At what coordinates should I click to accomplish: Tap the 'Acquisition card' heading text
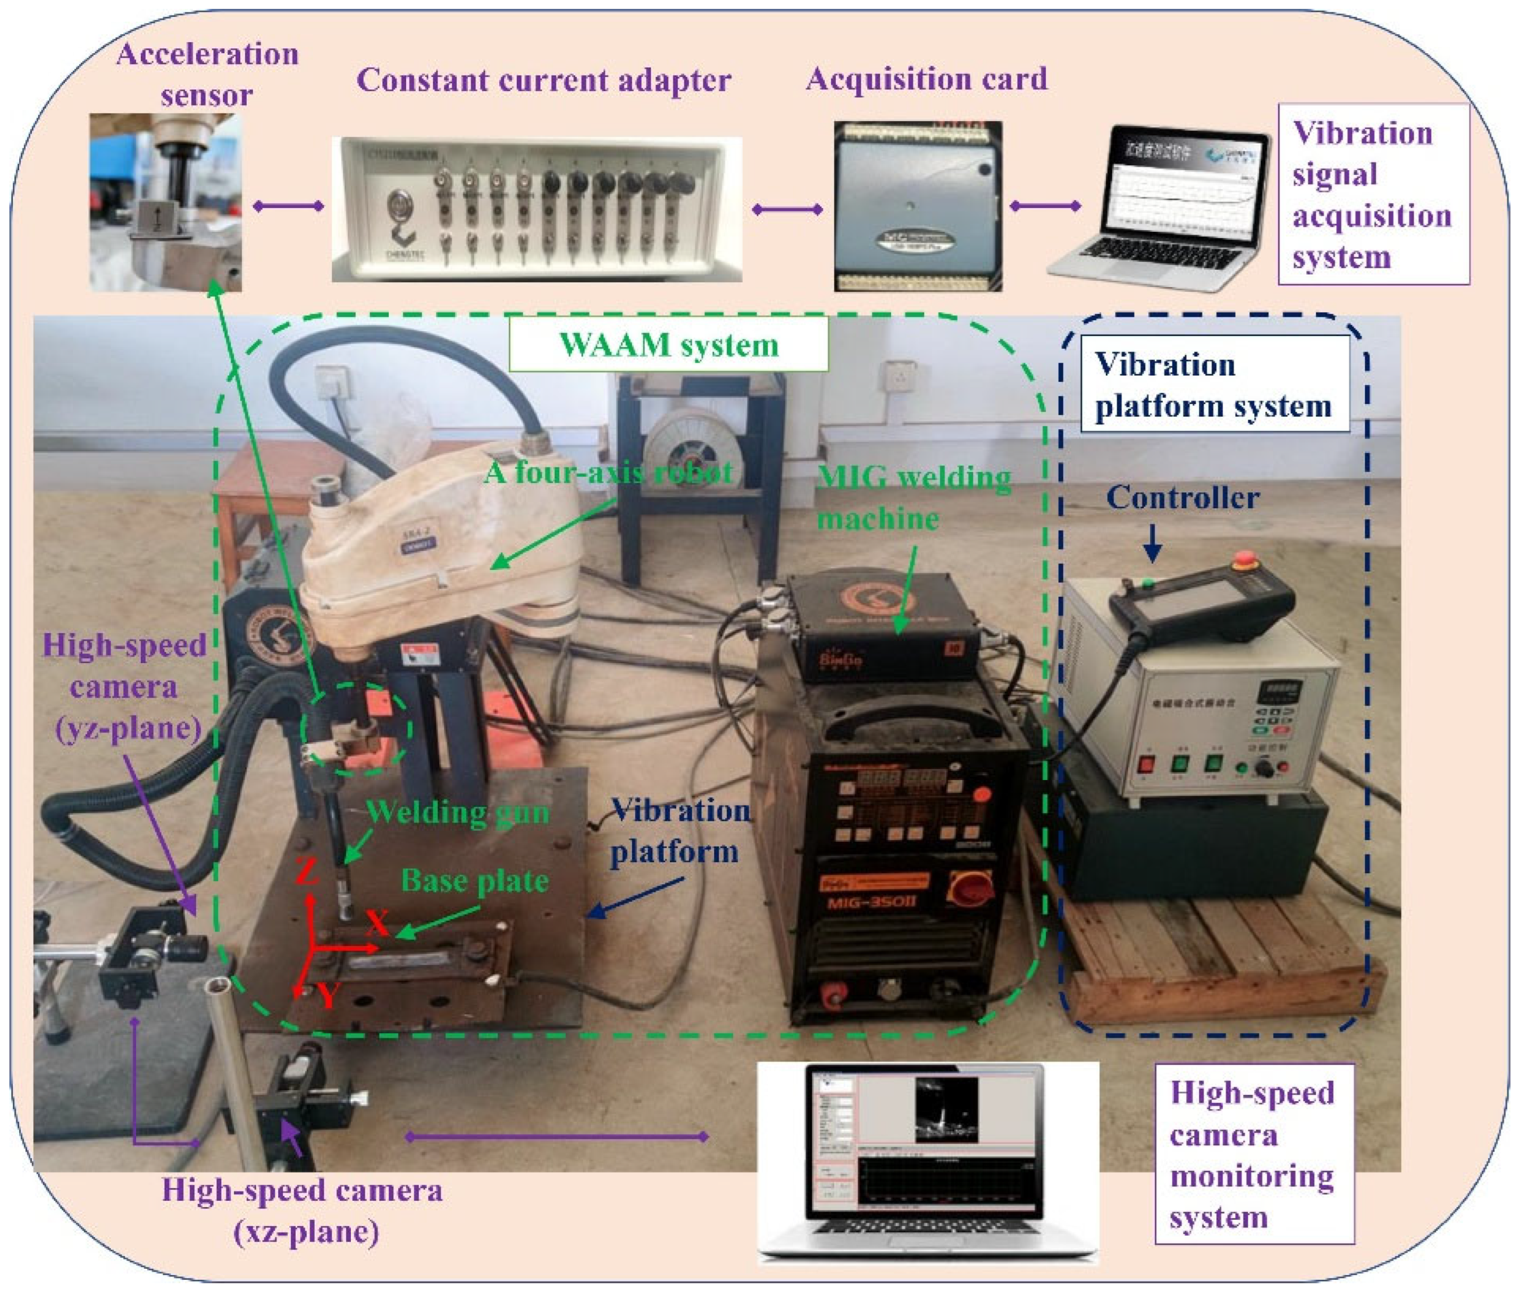point(926,80)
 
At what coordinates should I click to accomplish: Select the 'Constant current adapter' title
point(543,80)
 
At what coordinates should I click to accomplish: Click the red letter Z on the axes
point(308,872)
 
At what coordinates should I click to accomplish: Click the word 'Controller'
point(1182,498)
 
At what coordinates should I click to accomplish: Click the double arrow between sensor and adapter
point(288,206)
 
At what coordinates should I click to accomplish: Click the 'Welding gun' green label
point(457,812)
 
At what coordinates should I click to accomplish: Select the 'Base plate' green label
point(474,881)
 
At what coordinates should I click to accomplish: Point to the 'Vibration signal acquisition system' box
point(1372,195)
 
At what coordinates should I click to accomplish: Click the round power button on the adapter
point(399,203)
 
